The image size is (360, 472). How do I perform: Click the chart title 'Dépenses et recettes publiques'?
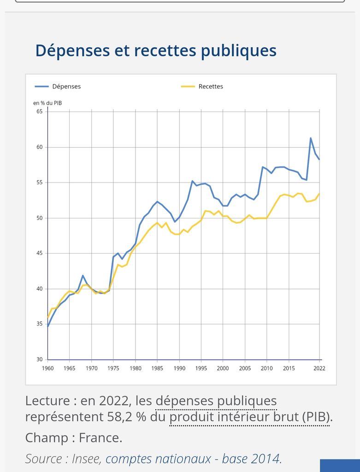156,50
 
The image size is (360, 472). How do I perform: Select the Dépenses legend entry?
66,86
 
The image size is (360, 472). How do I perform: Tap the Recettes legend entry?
210,86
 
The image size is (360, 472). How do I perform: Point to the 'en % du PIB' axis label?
47,103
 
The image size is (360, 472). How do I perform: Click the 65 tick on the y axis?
39,112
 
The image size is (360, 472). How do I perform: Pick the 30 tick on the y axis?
39,360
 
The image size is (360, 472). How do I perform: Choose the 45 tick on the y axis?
39,254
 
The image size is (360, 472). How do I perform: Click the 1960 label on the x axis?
47,368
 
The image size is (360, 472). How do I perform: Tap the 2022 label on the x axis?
319,368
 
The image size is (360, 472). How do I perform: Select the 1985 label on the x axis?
157,368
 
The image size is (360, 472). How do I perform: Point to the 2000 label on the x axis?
223,368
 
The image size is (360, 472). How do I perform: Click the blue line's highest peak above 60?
311,138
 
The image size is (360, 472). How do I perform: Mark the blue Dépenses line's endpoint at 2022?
319,159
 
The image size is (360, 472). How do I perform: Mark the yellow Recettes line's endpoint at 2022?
319,194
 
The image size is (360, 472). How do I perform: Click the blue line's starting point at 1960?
48,326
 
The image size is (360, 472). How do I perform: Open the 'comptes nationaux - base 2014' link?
193,459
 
